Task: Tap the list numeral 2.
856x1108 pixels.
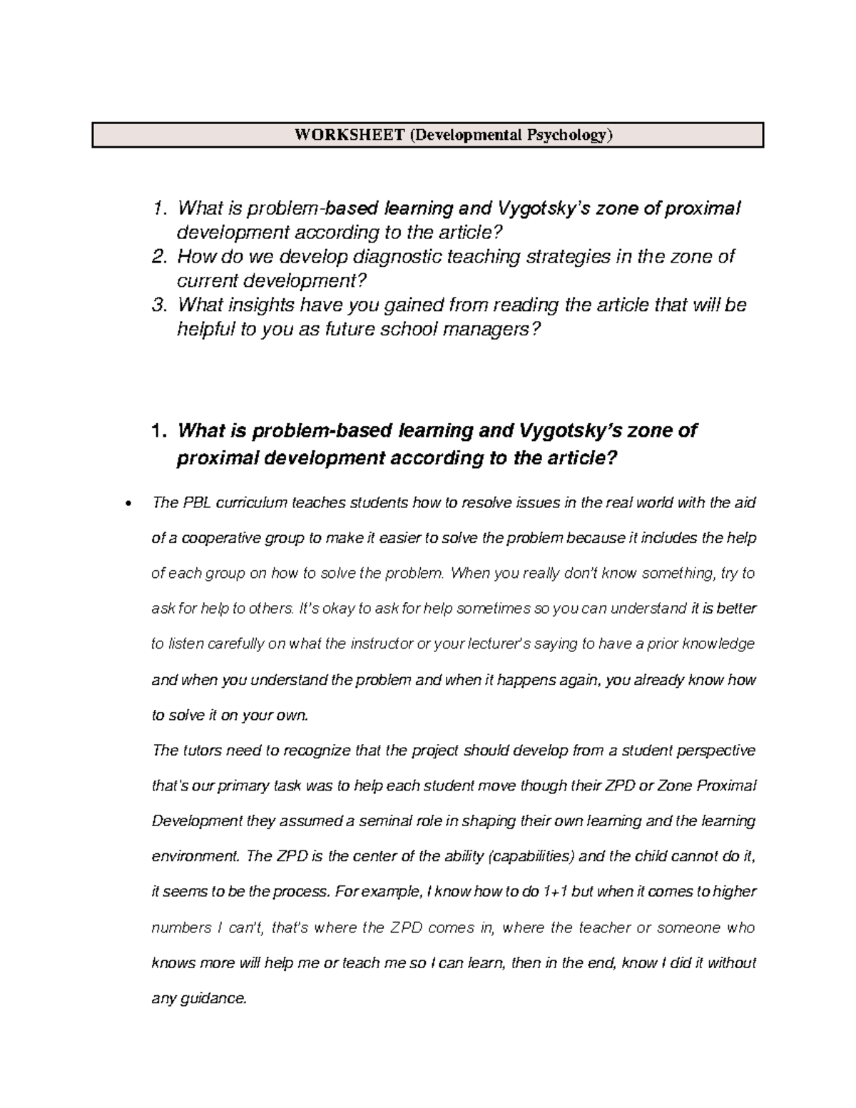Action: pyautogui.click(x=158, y=257)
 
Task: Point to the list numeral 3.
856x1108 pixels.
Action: pyautogui.click(x=158, y=305)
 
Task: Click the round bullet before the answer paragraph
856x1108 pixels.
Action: pyautogui.click(x=127, y=504)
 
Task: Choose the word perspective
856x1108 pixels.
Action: pyautogui.click(x=715, y=751)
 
